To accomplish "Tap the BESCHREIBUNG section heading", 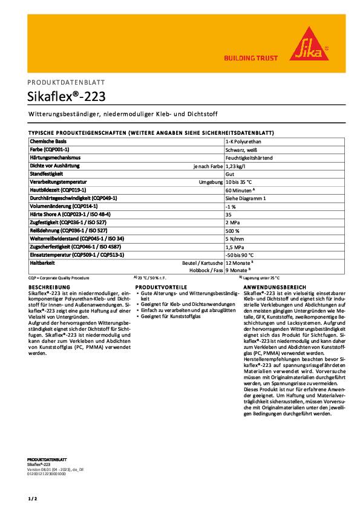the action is pos(50,287).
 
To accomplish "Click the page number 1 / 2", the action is pos(32,498).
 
